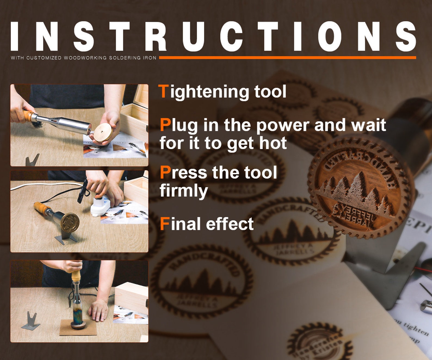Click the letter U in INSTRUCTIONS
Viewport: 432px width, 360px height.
tap(193, 36)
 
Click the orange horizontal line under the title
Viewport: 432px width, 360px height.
tap(287, 58)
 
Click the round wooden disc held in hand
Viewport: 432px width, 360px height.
tap(103, 133)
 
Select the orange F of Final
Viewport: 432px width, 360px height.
tap(164, 224)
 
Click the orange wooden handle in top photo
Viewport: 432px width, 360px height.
tap(28, 115)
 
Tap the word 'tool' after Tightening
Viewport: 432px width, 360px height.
tap(270, 92)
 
